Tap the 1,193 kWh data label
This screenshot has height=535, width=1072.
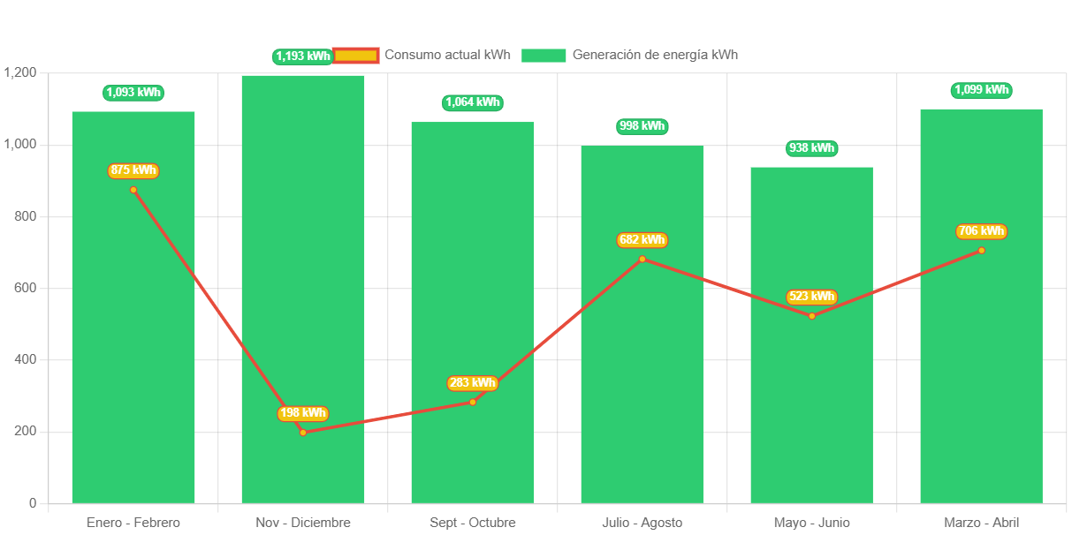302,57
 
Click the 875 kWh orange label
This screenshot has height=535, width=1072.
133,170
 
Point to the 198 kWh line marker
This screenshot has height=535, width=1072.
303,432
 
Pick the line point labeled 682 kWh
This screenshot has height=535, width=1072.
642,259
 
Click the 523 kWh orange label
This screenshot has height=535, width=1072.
811,297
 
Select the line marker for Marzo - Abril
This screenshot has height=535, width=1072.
981,251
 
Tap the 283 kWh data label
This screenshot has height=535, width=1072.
472,383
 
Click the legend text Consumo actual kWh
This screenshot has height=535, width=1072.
447,55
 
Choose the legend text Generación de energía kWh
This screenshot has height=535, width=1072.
655,55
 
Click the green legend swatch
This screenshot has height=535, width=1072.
543,56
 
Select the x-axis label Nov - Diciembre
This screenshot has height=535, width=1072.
303,523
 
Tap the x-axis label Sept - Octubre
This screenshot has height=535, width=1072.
472,523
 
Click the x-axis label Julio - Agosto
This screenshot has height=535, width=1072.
642,523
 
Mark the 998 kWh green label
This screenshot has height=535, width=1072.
642,126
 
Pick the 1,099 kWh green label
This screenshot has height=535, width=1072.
981,90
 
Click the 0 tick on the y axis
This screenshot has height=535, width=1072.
33,503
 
